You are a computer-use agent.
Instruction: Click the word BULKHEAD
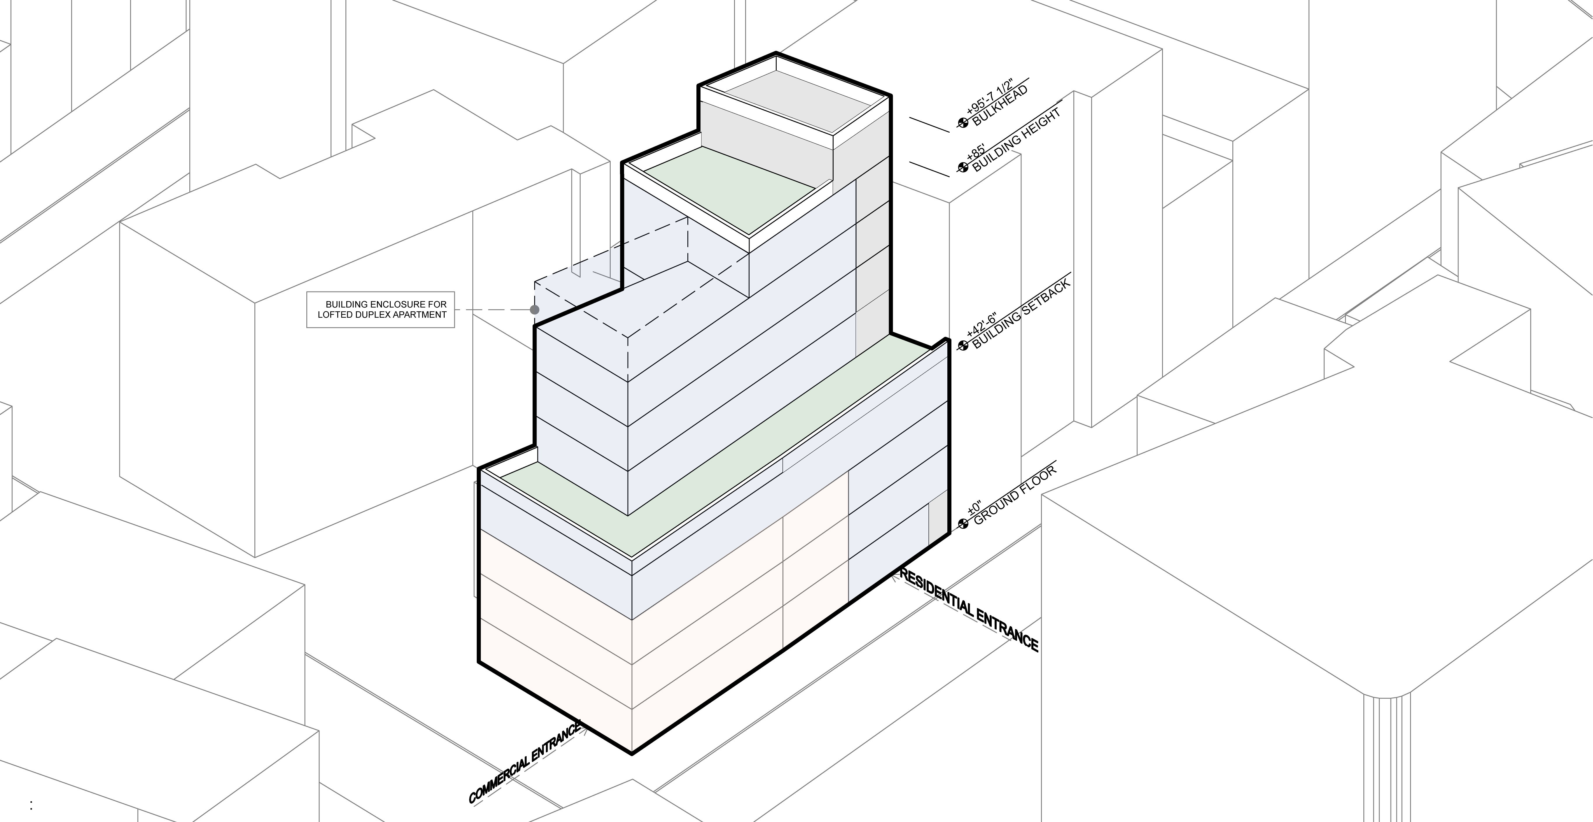[1000, 106]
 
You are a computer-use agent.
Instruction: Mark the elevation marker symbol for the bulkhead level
[963, 123]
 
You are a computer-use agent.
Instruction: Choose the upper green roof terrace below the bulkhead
[730, 189]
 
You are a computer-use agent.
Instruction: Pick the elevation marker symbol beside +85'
[963, 167]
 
